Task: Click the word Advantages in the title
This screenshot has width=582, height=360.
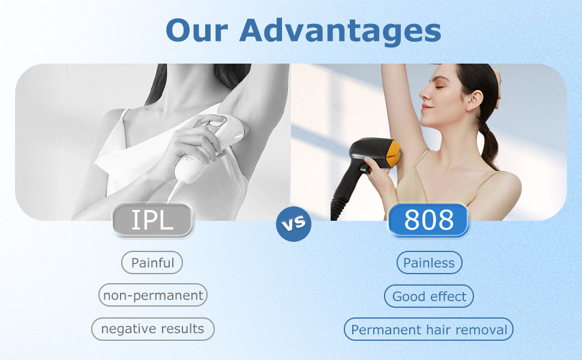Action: click(340, 30)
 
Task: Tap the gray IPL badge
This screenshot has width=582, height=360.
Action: click(152, 220)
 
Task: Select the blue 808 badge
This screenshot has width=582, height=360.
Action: click(428, 220)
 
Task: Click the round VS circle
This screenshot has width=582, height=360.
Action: click(293, 224)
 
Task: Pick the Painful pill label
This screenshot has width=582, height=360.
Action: click(152, 263)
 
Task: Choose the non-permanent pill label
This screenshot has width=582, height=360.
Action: click(153, 295)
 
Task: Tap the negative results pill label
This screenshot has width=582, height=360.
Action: click(152, 329)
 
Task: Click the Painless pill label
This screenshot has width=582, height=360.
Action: click(429, 263)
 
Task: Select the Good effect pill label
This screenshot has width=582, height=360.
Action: click(429, 296)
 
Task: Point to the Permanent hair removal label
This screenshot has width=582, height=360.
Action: click(429, 329)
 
